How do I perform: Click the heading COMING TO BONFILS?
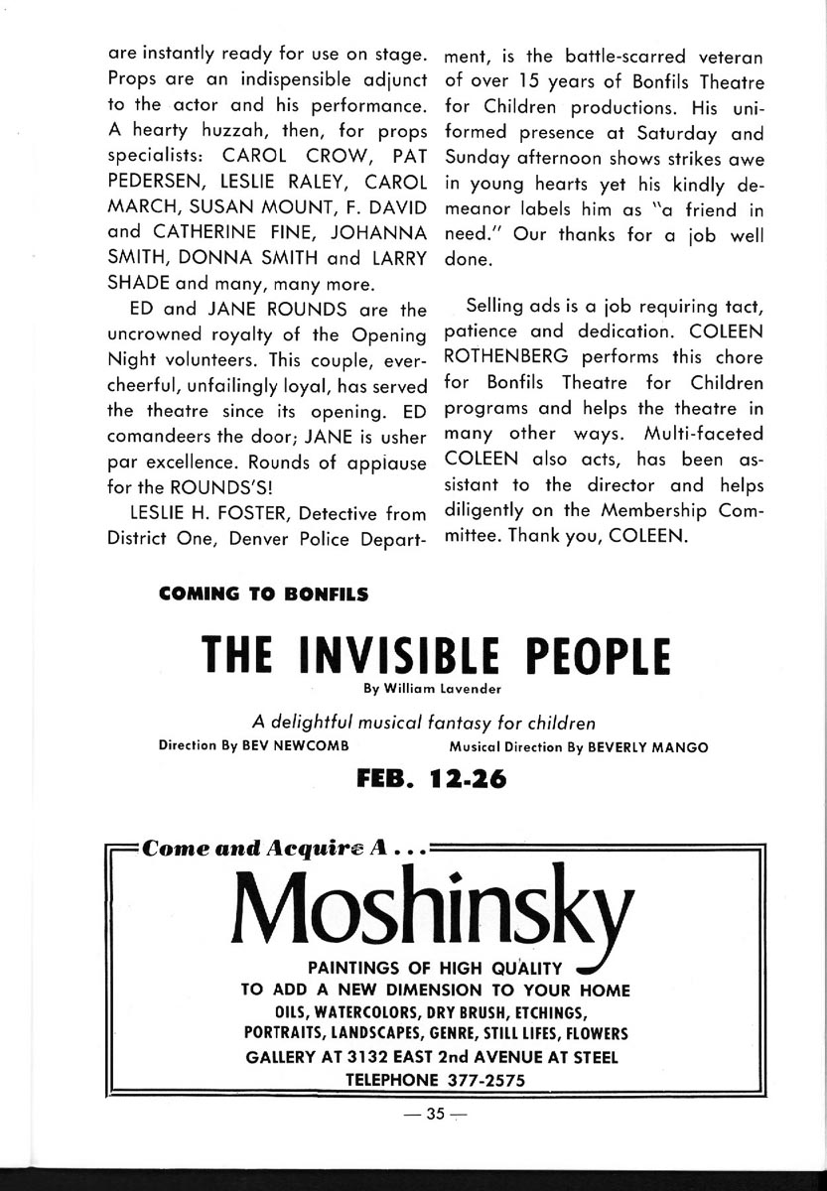click(264, 595)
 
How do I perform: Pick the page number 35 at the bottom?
click(434, 1114)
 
